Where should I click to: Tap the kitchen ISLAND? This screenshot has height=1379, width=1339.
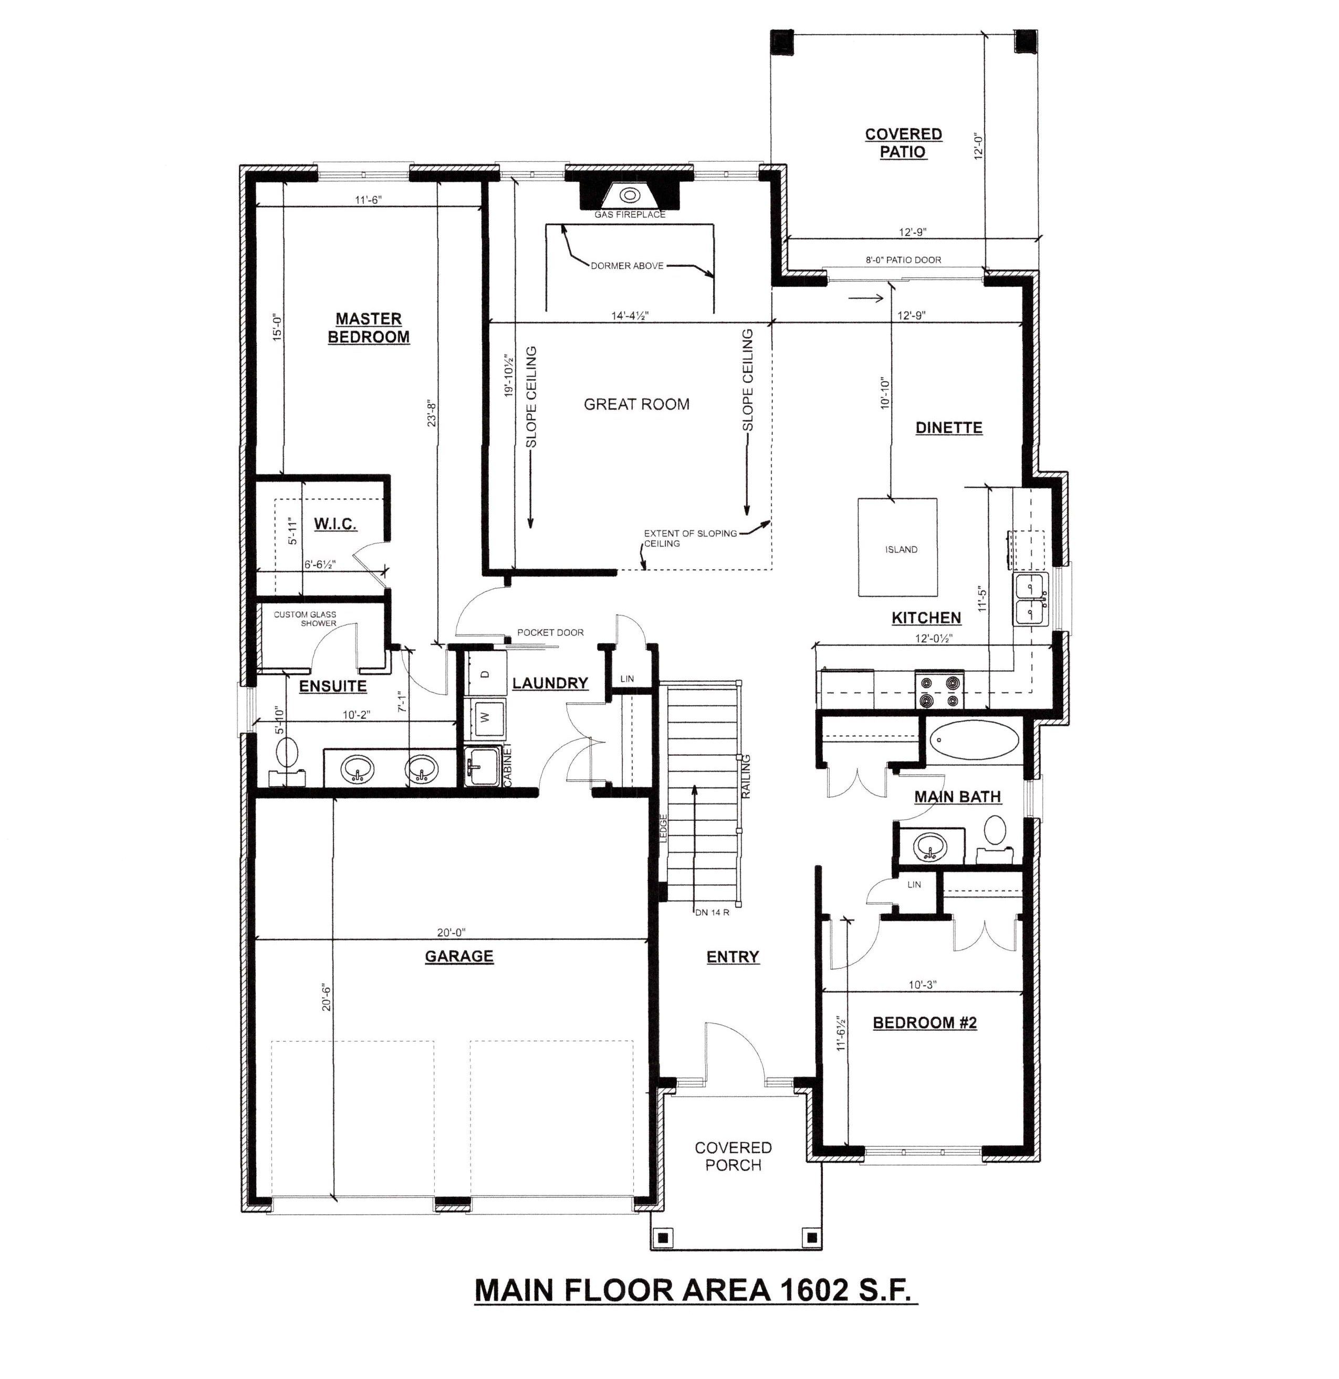(x=897, y=547)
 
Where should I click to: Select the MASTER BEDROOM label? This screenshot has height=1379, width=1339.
(x=369, y=328)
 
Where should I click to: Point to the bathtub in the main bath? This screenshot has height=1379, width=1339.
(x=974, y=741)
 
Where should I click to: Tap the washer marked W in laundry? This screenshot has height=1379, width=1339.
(x=484, y=718)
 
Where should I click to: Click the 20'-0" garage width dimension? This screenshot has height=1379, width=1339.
(x=451, y=933)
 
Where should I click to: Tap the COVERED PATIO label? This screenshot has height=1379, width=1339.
(x=904, y=143)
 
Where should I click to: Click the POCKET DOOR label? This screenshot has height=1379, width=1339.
(x=550, y=632)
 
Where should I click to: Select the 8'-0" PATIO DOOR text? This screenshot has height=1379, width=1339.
(x=904, y=259)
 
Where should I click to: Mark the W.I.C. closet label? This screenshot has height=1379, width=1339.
(x=336, y=524)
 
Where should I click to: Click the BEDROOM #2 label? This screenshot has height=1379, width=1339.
(x=925, y=1022)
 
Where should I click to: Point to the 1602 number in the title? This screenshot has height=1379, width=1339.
(x=813, y=1290)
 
